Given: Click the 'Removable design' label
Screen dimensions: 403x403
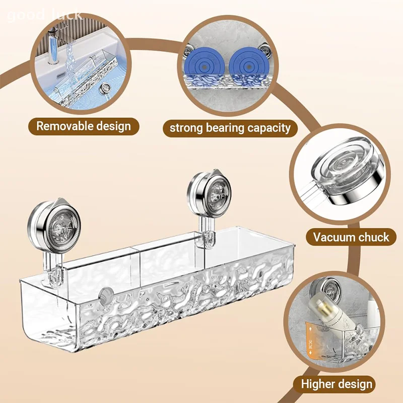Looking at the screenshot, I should tap(83, 126).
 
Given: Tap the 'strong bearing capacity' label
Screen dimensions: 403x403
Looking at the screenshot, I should tap(230, 127).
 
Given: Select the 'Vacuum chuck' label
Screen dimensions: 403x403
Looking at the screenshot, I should tap(351, 237).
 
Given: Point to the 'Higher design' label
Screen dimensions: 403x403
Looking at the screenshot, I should tap(337, 384).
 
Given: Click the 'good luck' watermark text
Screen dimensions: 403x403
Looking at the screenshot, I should tap(44, 14).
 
